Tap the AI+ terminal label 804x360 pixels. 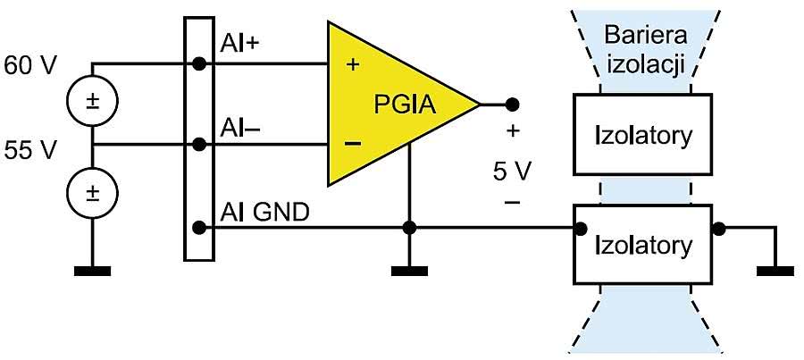pyautogui.click(x=239, y=44)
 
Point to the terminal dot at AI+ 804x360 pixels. pyautogui.click(x=199, y=63)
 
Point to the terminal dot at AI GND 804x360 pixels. pyautogui.click(x=199, y=228)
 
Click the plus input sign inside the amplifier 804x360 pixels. pyautogui.click(x=352, y=64)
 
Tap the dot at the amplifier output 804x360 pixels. pyautogui.click(x=511, y=104)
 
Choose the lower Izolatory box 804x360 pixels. pyautogui.click(x=642, y=244)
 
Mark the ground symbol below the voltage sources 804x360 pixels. pyautogui.click(x=92, y=270)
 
